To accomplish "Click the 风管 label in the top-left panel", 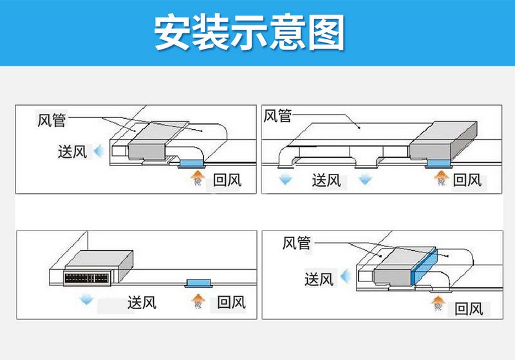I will pyautogui.click(x=52, y=120).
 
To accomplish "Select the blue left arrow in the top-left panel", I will pyautogui.click(x=98, y=152).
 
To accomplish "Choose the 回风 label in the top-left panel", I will pyautogui.click(x=227, y=180).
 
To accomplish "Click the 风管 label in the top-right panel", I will pyautogui.click(x=278, y=116).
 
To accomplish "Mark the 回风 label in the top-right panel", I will pyautogui.click(x=467, y=180).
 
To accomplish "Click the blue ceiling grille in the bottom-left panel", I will pyautogui.click(x=198, y=283).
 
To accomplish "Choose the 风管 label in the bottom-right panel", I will pyautogui.click(x=297, y=243).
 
